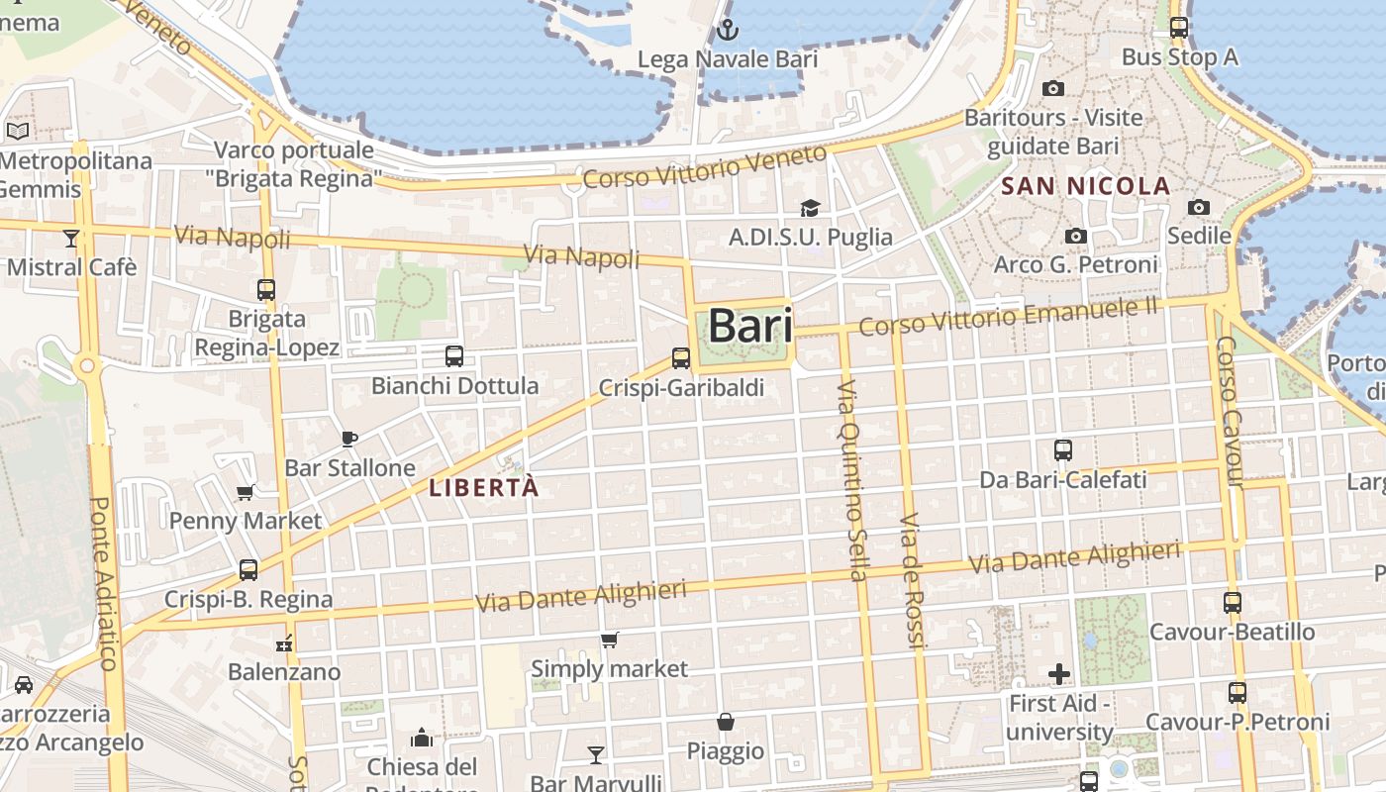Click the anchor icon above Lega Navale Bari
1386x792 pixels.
click(728, 30)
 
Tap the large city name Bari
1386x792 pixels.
click(750, 326)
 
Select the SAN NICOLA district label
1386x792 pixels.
click(1086, 186)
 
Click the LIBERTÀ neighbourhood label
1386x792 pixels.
click(484, 487)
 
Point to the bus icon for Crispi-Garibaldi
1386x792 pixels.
click(680, 358)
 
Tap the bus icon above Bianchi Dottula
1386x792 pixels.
click(454, 356)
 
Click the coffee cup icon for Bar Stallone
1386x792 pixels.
click(348, 439)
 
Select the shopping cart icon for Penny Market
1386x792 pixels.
click(245, 492)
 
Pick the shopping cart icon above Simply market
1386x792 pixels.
click(610, 641)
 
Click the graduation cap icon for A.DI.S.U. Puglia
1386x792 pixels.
click(811, 208)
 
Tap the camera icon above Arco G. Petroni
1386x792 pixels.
click(1076, 236)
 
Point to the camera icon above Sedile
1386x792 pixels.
click(1199, 207)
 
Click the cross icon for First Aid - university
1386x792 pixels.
click(1059, 675)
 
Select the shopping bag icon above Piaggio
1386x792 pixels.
click(726, 722)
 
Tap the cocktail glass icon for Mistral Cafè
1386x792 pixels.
click(70, 238)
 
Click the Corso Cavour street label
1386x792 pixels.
click(1228, 412)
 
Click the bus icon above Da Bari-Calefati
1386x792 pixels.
click(1063, 450)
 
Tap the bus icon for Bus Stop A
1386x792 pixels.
click(1179, 28)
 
